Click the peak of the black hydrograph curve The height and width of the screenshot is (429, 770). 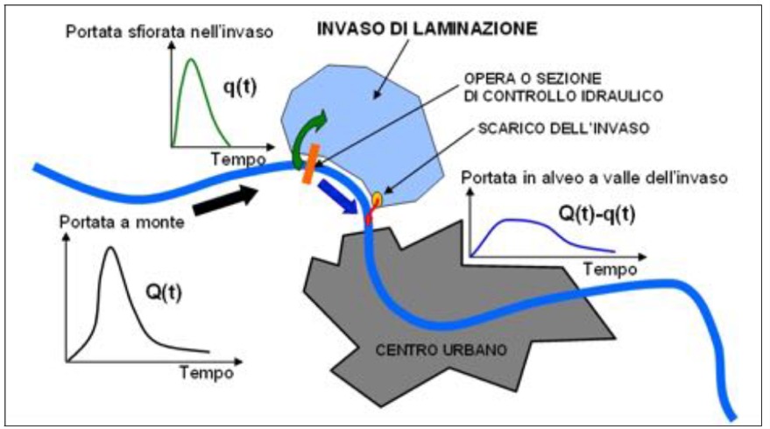tap(110, 250)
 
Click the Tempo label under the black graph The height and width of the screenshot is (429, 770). tap(207, 371)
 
